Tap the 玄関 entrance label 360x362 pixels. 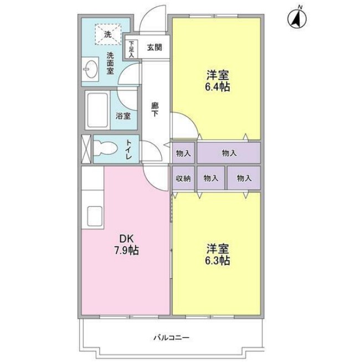pyautogui.click(x=155, y=48)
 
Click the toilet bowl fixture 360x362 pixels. pyautogui.click(x=104, y=148)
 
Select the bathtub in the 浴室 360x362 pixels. pyautogui.click(x=98, y=109)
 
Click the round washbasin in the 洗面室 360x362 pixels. pyautogui.click(x=90, y=70)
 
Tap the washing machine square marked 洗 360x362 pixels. pyautogui.click(x=108, y=35)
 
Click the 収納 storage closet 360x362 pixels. pyautogui.click(x=184, y=178)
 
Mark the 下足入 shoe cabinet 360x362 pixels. pyautogui.click(x=131, y=49)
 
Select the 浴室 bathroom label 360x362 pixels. pyautogui.click(x=123, y=116)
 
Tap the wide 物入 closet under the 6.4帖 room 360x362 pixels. pyautogui.click(x=229, y=152)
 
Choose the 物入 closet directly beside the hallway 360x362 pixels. pyautogui.click(x=184, y=152)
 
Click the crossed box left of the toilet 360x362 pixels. pyautogui.click(x=86, y=149)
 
